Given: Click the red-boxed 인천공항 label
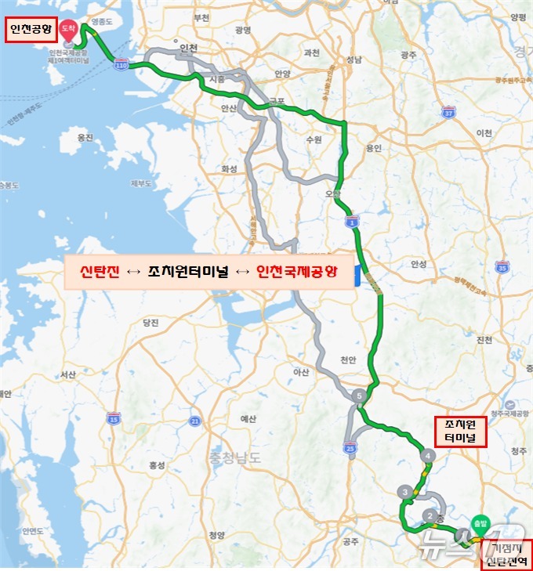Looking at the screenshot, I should (29, 31).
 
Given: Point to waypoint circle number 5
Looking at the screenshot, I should (359, 396).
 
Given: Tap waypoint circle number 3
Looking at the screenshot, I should (404, 492).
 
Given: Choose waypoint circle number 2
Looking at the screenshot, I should (430, 515).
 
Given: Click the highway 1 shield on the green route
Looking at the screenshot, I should (354, 223).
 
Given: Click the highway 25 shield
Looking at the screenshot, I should (349, 446).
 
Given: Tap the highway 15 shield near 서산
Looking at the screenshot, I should (114, 420).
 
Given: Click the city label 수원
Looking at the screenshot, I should (314, 139).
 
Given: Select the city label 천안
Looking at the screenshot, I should (347, 360).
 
